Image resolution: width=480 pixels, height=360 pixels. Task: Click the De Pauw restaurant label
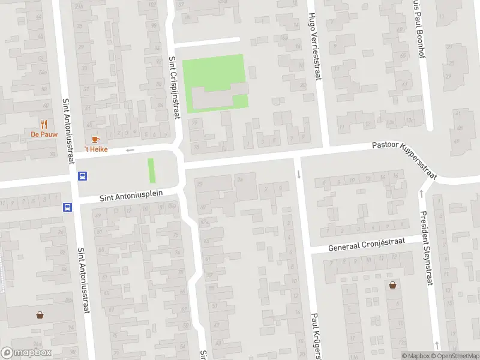[43, 134]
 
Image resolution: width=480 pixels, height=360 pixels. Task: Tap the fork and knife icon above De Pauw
[43, 124]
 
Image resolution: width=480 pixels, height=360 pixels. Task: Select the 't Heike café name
[95, 149]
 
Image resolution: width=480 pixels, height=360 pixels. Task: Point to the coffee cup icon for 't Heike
[95, 140]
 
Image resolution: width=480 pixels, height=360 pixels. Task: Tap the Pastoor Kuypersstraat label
[404, 154]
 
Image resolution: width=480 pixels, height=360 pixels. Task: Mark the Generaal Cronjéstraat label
[367, 244]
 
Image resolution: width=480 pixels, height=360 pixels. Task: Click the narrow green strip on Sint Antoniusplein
[151, 170]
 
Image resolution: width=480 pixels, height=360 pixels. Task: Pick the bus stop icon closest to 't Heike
[83, 176]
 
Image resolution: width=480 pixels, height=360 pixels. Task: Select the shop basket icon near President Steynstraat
[392, 285]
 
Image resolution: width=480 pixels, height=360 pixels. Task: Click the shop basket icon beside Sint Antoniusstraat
[40, 314]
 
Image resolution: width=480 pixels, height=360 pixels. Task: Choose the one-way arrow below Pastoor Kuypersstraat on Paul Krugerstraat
[299, 175]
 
